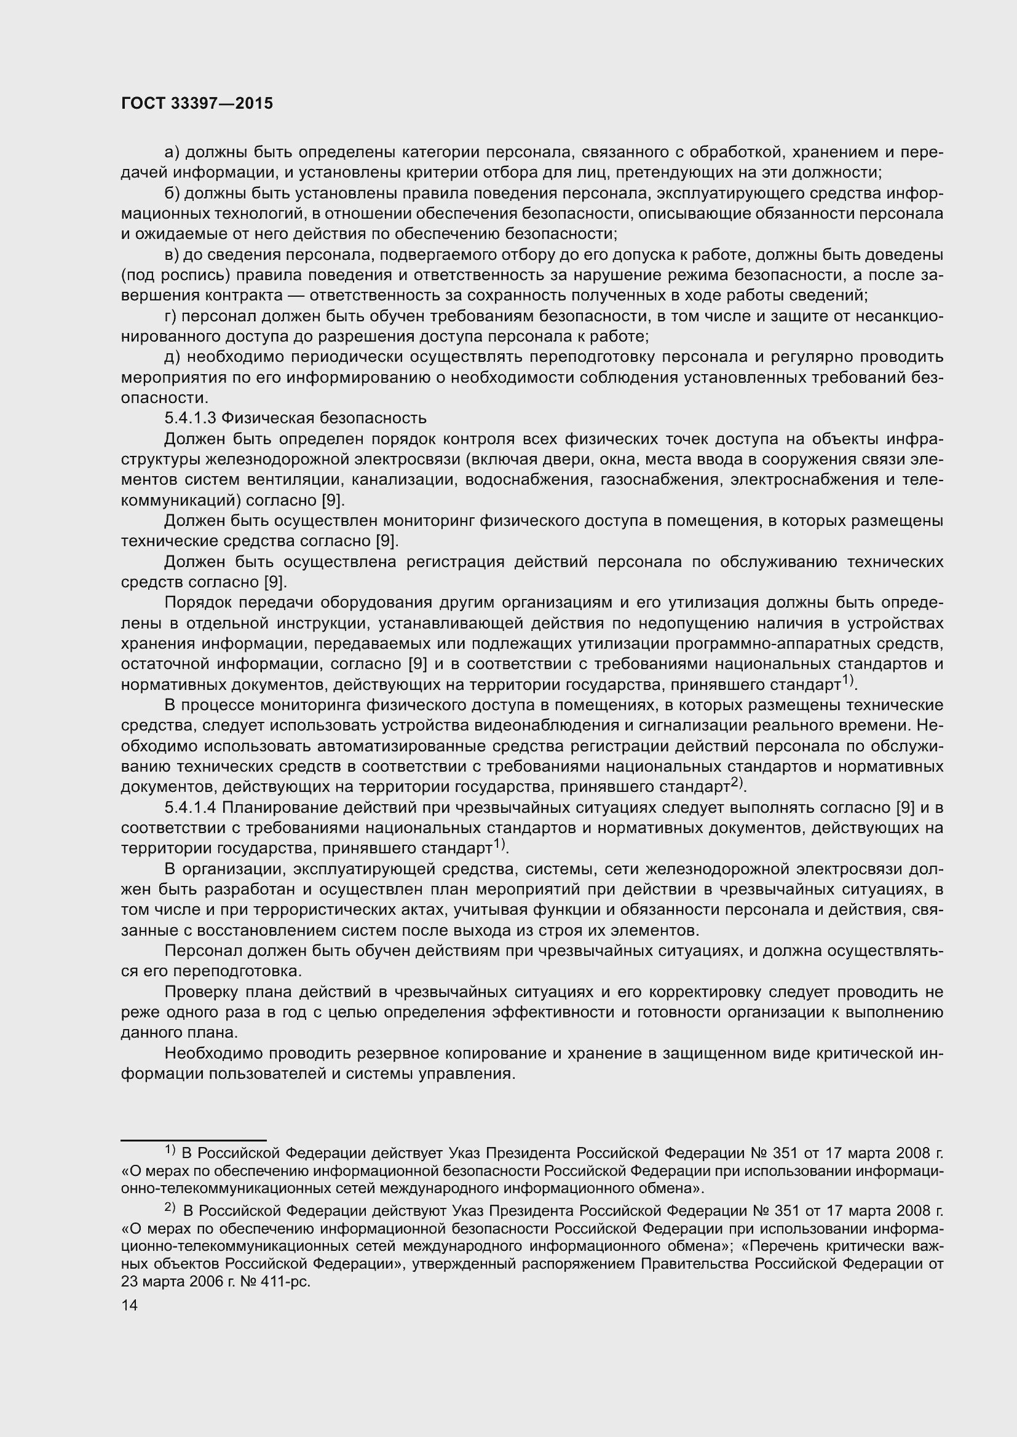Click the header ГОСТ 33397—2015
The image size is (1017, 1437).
[x=197, y=104]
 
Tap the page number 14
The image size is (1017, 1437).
[x=129, y=1305]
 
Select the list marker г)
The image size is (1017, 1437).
[x=172, y=316]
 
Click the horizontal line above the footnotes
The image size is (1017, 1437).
[x=194, y=1140]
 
